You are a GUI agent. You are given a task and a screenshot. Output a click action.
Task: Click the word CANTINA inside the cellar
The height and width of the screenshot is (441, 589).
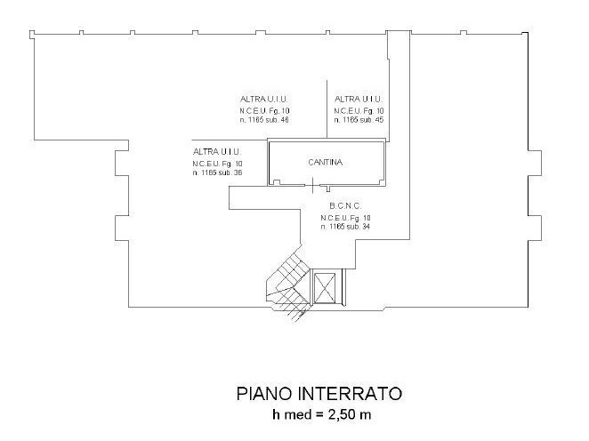(x=326, y=163)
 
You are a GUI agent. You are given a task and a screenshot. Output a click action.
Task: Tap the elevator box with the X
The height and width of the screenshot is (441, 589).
(x=326, y=288)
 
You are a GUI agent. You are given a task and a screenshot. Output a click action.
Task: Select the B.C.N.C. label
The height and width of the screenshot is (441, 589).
(x=344, y=205)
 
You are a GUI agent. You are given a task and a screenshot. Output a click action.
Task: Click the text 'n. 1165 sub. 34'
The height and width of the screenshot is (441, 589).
(x=345, y=227)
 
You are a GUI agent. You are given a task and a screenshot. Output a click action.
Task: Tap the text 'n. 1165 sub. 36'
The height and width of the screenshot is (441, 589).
(x=217, y=172)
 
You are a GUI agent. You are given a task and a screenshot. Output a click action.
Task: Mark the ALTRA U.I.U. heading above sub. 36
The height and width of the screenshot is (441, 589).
(x=217, y=152)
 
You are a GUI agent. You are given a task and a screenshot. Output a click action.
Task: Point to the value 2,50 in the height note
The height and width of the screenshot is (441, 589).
(x=345, y=414)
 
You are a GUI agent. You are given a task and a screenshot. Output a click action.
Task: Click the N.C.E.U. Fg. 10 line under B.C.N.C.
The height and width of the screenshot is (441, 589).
(x=345, y=217)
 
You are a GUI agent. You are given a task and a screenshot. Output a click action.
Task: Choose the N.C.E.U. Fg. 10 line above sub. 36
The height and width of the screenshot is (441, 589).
(x=217, y=163)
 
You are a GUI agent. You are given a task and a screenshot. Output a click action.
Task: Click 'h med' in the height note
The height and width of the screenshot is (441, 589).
(x=292, y=414)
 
